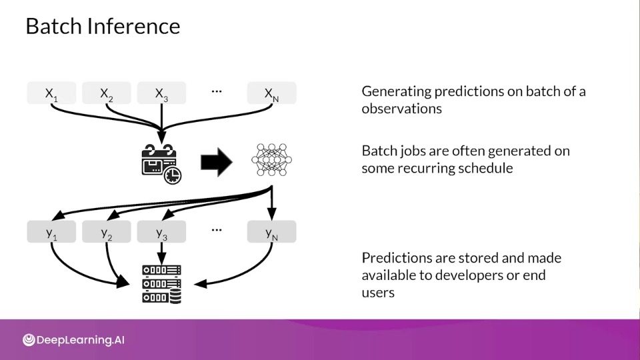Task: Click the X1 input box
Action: click(51, 93)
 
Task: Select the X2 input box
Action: click(107, 93)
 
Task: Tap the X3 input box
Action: click(161, 93)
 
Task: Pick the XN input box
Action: click(272, 93)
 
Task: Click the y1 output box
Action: click(51, 231)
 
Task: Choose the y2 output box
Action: click(107, 231)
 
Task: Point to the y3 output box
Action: click(161, 231)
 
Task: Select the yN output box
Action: click(272, 231)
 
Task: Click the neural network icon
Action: click(271, 159)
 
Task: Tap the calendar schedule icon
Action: click(161, 164)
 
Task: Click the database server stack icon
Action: click(161, 284)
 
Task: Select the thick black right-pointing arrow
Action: click(217, 162)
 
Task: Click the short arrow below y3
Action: click(161, 253)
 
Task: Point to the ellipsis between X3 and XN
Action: click(217, 91)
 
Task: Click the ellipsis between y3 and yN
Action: click(217, 230)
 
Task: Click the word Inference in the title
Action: click(133, 26)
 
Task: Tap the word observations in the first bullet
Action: click(401, 109)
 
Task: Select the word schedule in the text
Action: click(487, 168)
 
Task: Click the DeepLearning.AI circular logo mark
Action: click(29, 339)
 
